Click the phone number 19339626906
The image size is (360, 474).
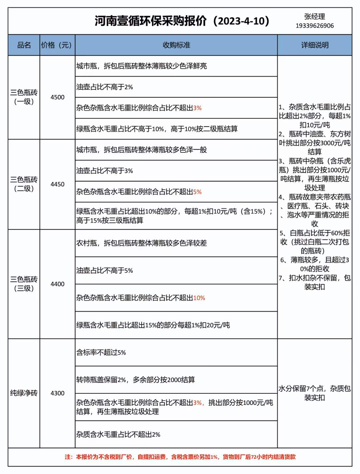(314, 26)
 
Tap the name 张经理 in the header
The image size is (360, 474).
(314, 16)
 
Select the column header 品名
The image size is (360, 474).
(24, 45)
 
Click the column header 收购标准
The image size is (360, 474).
(176, 45)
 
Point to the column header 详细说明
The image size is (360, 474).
(315, 45)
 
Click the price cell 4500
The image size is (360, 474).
(57, 97)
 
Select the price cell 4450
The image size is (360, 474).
(57, 184)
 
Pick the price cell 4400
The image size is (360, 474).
(57, 284)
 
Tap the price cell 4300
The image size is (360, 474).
(57, 393)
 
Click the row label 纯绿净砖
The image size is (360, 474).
(24, 393)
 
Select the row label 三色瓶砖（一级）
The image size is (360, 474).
(24, 97)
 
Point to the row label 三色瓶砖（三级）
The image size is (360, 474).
(24, 284)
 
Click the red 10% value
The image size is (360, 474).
(199, 298)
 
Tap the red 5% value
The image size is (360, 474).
(197, 192)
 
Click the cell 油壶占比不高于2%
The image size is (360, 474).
(105, 87)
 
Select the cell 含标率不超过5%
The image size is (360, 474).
(101, 353)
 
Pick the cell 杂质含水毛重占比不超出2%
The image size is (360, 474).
(118, 434)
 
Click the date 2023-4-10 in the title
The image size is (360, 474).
(241, 21)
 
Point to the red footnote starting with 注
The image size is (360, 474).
(180, 457)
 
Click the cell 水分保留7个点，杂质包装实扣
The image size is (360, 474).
(314, 393)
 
